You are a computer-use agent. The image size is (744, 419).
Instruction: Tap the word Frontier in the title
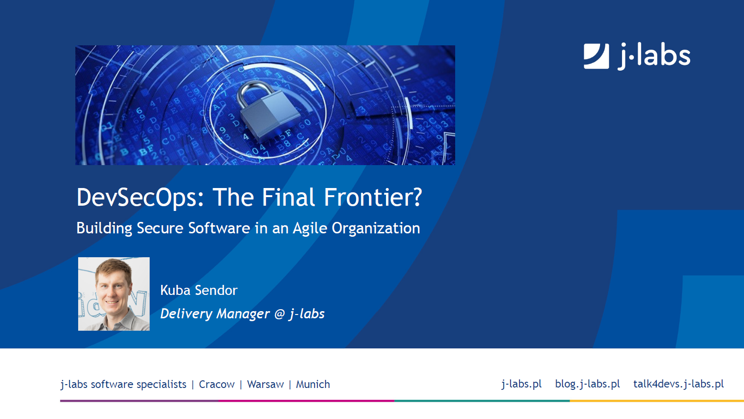tap(368, 197)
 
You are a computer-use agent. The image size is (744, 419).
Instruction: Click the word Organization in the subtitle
tap(376, 229)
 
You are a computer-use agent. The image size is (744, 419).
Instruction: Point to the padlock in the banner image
tap(267, 110)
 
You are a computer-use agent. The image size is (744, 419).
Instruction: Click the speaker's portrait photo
tap(114, 293)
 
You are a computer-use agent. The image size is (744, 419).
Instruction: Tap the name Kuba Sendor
tap(199, 290)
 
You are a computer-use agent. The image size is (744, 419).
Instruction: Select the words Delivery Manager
tap(215, 314)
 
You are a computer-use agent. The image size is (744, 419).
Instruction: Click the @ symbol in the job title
tap(280, 314)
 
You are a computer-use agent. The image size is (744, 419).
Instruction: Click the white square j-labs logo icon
tap(596, 56)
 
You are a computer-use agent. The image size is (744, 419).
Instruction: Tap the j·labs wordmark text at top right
tap(653, 56)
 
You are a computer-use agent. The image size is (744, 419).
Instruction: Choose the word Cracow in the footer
tap(217, 385)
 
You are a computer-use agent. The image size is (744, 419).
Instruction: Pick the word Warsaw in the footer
tap(265, 385)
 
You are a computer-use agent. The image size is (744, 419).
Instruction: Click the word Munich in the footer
tap(313, 385)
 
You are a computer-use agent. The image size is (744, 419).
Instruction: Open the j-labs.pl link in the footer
tap(521, 384)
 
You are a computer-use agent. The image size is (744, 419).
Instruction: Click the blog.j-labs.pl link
tap(588, 384)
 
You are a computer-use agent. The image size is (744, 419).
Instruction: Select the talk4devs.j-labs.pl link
tap(679, 384)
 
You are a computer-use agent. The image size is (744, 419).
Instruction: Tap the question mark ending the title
tap(418, 197)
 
